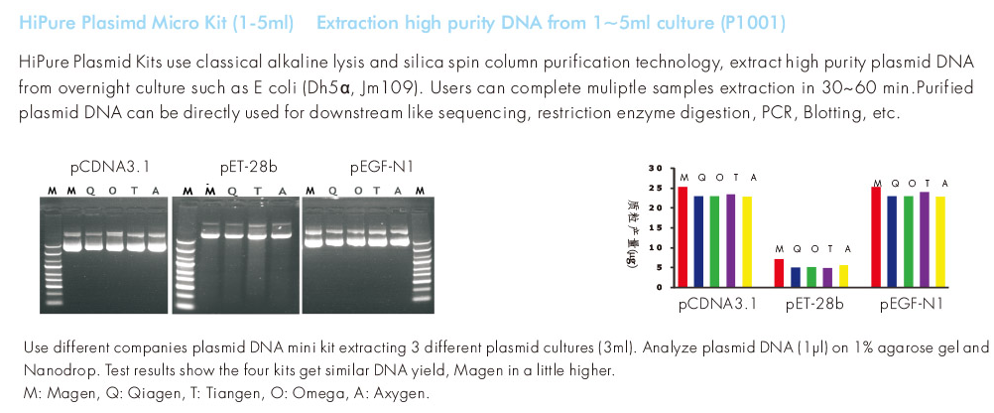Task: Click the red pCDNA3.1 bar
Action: coord(683,237)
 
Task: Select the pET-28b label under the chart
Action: coord(813,304)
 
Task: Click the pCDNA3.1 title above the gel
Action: coord(97,165)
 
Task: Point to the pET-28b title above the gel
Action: coord(236,165)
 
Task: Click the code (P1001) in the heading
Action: coord(760,22)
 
